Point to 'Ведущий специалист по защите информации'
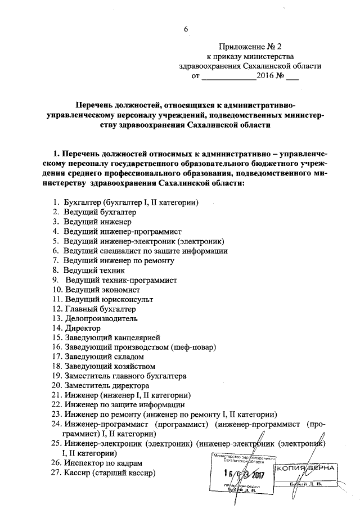tap(145, 251)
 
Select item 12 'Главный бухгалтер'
tap(100, 309)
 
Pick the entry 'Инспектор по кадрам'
tap(104, 463)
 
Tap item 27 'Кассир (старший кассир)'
tap(110, 473)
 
